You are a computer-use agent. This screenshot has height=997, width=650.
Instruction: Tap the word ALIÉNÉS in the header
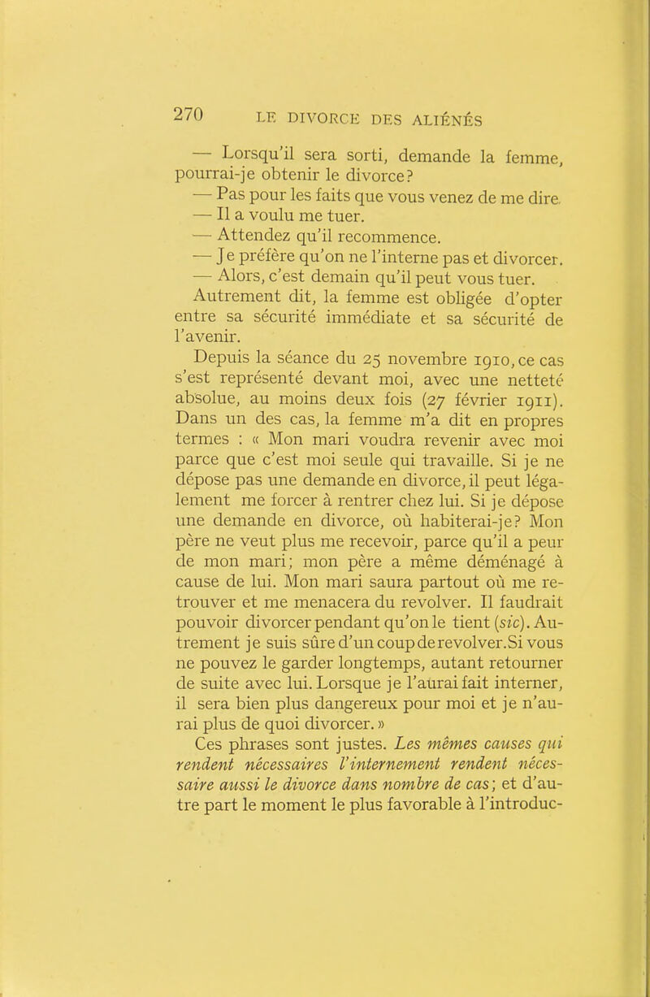pos(440,119)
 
